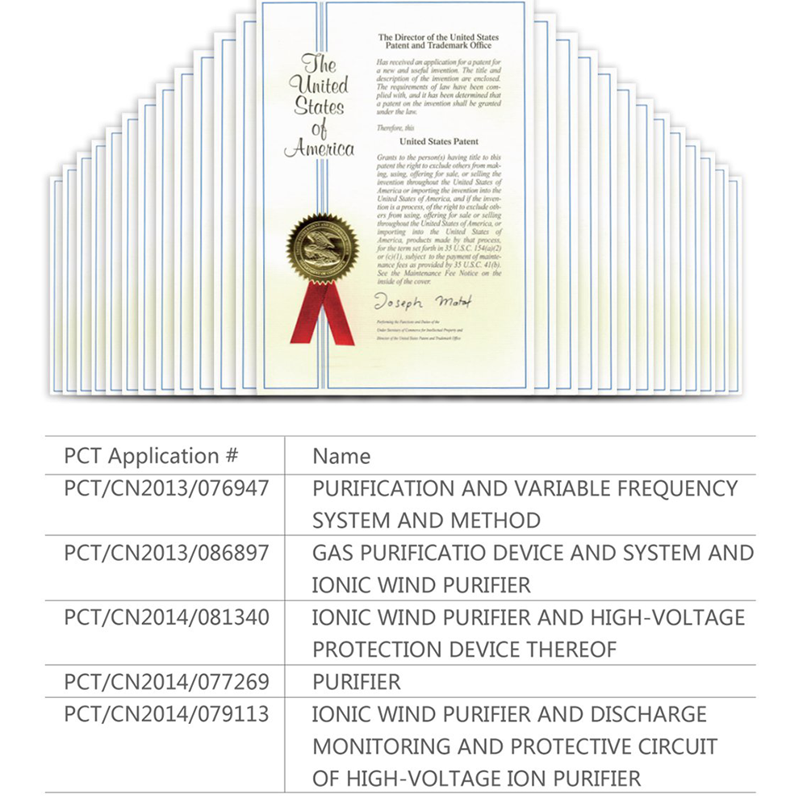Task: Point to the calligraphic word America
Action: pyautogui.click(x=320, y=149)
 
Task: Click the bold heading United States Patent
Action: pyautogui.click(x=438, y=140)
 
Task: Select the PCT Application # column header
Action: pyautogui.click(x=151, y=456)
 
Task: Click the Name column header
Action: pyautogui.click(x=341, y=456)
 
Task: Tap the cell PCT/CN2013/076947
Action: pyautogui.click(x=166, y=488)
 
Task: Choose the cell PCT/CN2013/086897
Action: pyautogui.click(x=166, y=553)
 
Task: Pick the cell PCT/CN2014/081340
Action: pyautogui.click(x=166, y=617)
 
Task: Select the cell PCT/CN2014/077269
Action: pyautogui.click(x=166, y=682)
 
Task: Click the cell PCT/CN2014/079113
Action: pyautogui.click(x=166, y=714)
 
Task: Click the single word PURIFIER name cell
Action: pyautogui.click(x=356, y=682)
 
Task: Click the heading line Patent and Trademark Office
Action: pyautogui.click(x=438, y=46)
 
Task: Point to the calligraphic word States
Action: pyautogui.click(x=319, y=107)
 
